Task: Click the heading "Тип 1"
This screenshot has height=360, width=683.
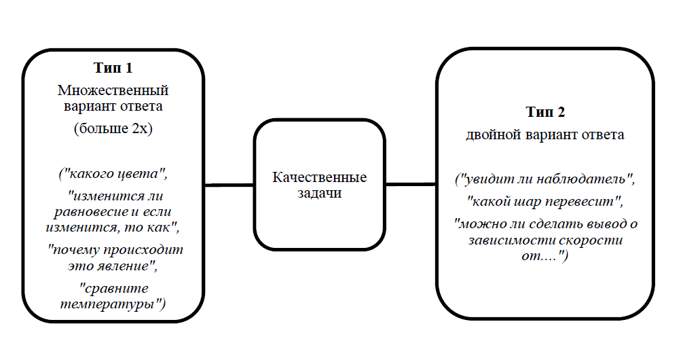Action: pyautogui.click(x=113, y=69)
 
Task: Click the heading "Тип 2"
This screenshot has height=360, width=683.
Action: pyautogui.click(x=545, y=113)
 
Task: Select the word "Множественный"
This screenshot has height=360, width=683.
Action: pyautogui.click(x=113, y=90)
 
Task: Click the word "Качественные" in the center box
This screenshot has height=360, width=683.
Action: pyautogui.click(x=319, y=178)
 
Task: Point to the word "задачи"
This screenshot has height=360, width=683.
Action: pyautogui.click(x=319, y=194)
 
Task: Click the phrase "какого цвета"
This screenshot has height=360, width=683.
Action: pyautogui.click(x=113, y=175)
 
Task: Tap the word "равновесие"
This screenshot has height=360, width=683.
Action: pyautogui.click(x=84, y=211)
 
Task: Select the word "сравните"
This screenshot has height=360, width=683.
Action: pyautogui.click(x=113, y=289)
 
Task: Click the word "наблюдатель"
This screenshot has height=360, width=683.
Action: pyautogui.click(x=586, y=181)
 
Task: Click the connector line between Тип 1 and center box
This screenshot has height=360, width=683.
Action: pyautogui.click(x=229, y=184)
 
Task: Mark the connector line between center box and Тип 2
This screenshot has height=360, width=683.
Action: pyautogui.click(x=410, y=183)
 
